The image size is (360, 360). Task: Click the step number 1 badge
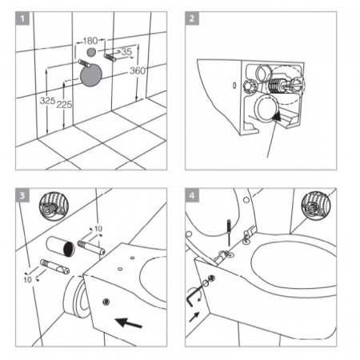point(22,18)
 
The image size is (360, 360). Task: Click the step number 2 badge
point(192,18)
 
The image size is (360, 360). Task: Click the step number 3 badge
point(22,195)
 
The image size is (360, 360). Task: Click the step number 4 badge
point(192,195)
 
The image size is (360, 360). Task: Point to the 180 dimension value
point(90,41)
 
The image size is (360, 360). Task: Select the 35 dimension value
point(126,51)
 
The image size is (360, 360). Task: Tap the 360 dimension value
point(138,70)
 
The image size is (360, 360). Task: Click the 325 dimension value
point(47,101)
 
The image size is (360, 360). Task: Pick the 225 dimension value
point(64,104)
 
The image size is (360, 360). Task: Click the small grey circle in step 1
point(91,52)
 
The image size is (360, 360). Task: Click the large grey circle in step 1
point(91,75)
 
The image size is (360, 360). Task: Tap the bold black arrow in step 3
point(130,322)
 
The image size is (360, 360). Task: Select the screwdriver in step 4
point(229,233)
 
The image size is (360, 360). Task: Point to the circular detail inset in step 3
point(54,206)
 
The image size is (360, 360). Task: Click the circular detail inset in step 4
point(316,206)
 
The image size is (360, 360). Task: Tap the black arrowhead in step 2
point(277,116)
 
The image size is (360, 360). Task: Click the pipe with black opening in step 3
point(60,246)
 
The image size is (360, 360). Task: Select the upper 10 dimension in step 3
point(98,229)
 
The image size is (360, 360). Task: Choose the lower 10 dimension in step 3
point(27,280)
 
